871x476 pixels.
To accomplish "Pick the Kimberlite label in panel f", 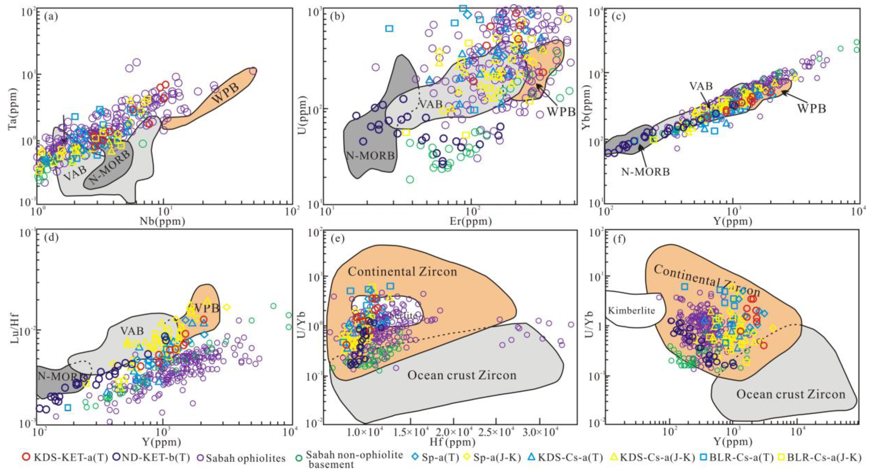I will coord(632,310).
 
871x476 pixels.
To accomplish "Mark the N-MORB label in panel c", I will coord(645,172).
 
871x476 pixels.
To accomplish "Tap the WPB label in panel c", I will coord(812,109).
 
